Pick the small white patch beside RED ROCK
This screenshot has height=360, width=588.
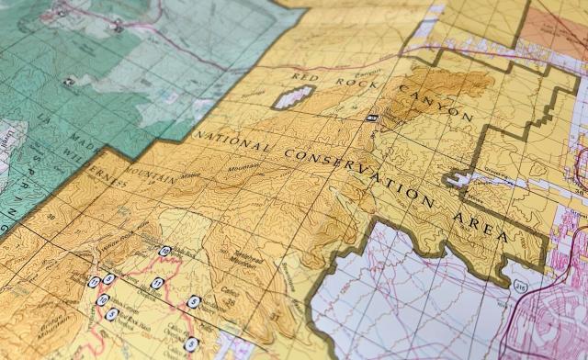291,96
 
